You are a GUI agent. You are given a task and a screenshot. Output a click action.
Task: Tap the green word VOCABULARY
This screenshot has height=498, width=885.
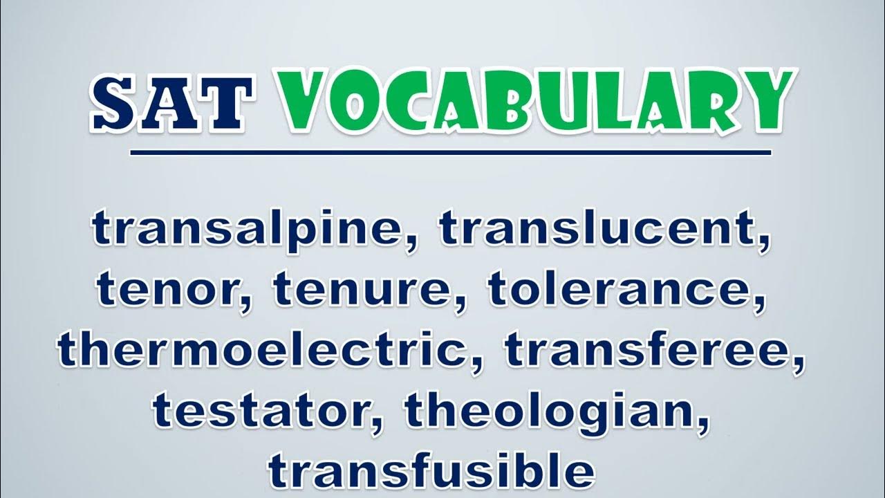535,102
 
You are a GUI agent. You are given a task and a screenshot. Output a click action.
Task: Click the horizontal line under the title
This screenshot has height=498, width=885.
451,153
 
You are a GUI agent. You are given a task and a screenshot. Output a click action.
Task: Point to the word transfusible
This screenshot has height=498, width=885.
431,471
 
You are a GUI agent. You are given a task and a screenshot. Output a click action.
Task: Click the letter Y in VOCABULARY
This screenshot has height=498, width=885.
763,101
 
